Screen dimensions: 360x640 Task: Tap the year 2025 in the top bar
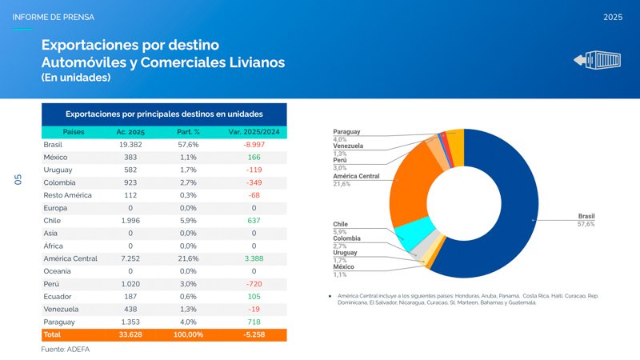[614, 17]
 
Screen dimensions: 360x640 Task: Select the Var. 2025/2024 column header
[254, 132]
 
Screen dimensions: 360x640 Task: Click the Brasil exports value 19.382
[130, 145]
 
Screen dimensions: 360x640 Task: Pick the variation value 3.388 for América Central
[254, 258]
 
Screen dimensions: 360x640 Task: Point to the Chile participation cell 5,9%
[189, 221]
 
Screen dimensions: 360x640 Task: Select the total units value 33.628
[130, 334]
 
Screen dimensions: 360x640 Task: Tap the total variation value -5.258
[254, 334]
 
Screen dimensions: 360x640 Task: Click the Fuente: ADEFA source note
[65, 350]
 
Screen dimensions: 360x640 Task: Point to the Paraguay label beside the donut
[346, 131]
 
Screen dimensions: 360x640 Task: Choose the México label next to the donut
[344, 266]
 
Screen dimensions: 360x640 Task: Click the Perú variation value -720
[254, 284]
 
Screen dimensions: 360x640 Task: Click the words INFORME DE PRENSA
[53, 17]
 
